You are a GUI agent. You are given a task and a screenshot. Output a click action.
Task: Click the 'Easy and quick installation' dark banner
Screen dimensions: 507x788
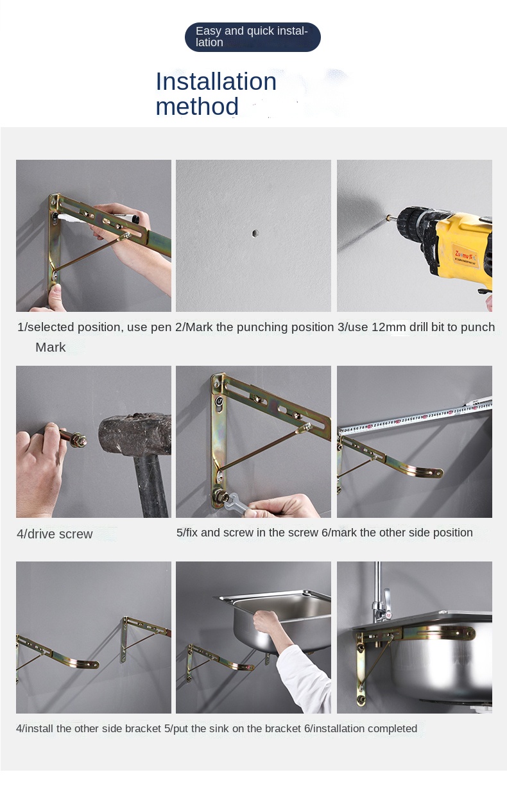point(253,37)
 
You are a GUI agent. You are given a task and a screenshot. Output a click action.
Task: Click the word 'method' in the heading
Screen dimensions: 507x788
point(197,107)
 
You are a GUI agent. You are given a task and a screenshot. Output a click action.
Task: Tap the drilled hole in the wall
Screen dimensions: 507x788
point(255,233)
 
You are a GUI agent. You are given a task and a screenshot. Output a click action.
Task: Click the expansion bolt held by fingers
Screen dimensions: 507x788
point(73,437)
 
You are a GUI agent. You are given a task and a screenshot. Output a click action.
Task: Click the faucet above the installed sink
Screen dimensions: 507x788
point(381,594)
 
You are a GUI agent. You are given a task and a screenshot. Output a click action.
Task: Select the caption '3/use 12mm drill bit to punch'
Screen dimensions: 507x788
point(416,327)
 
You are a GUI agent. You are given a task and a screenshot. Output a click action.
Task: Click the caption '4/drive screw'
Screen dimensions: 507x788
point(55,534)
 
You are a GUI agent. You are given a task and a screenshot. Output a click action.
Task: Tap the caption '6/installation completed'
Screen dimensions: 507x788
point(361,728)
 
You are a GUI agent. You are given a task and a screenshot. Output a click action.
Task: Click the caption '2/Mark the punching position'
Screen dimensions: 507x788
point(254,327)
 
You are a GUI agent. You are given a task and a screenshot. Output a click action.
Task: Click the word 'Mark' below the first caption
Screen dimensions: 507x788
point(50,347)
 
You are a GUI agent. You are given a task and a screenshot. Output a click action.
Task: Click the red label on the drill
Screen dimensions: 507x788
point(465,256)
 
